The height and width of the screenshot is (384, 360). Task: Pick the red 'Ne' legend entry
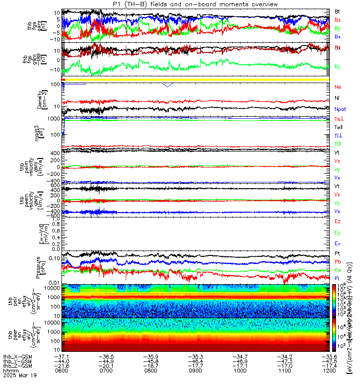(337, 87)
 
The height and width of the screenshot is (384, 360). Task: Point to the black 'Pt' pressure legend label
(337, 252)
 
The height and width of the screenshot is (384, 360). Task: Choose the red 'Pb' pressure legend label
(337, 261)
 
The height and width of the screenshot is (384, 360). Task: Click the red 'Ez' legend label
(337, 221)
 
